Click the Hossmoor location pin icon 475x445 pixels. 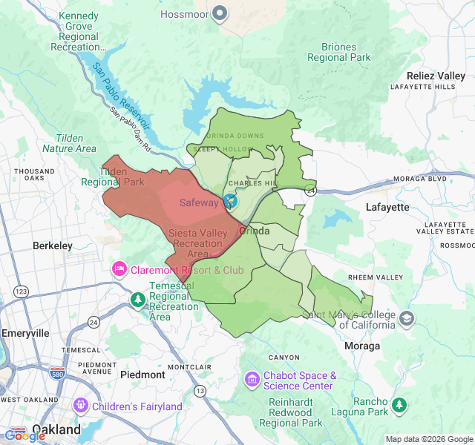point(220,13)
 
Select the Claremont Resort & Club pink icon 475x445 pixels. point(119,268)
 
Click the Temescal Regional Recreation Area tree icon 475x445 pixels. point(137,300)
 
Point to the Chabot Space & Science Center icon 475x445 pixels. point(252,380)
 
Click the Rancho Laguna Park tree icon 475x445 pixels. point(399,405)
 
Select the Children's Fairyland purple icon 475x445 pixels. point(80,406)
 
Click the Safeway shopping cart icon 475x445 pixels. point(230,201)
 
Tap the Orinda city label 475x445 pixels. point(255,231)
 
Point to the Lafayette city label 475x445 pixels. point(387,207)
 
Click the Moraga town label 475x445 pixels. point(363,346)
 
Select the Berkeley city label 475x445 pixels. point(52,245)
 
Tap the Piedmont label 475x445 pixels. point(142,375)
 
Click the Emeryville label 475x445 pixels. point(24,333)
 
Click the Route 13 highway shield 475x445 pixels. point(200,390)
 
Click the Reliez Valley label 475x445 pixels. point(436,76)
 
